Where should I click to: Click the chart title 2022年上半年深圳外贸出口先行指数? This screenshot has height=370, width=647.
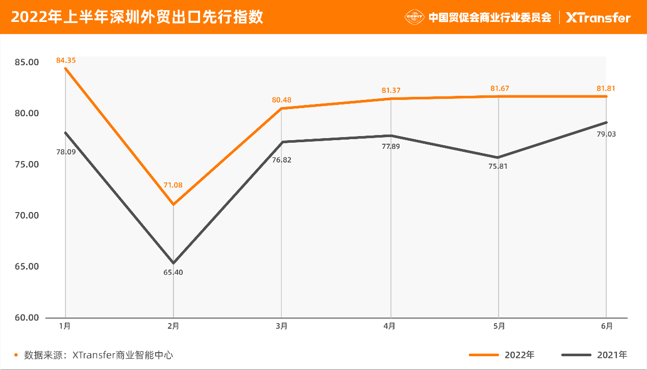click(137, 17)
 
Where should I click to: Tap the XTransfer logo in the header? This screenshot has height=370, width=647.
click(599, 17)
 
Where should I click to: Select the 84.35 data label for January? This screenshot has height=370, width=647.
click(66, 60)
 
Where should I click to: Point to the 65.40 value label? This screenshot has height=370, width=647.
click(173, 272)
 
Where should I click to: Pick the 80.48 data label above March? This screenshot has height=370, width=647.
click(282, 100)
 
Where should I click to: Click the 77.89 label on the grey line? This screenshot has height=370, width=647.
click(391, 147)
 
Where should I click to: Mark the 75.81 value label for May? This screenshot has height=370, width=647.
click(498, 166)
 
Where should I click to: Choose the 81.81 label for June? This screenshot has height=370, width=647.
click(606, 88)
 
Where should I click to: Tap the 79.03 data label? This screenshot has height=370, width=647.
click(606, 134)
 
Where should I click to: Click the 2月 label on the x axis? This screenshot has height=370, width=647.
click(173, 326)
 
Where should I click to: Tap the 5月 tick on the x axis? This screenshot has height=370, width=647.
click(499, 326)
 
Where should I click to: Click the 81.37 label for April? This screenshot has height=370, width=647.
click(391, 90)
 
